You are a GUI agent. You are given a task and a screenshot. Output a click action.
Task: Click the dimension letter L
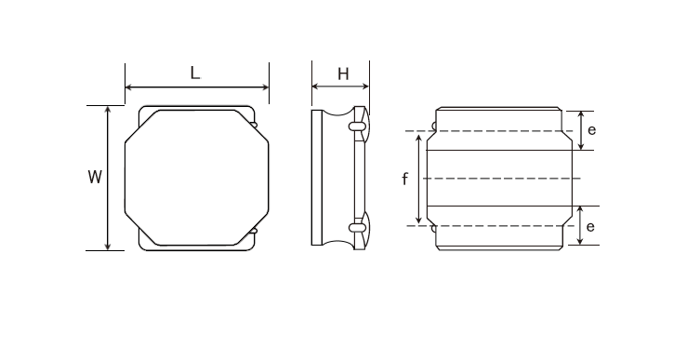pos(195,73)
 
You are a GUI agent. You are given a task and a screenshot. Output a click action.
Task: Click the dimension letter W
pos(95,177)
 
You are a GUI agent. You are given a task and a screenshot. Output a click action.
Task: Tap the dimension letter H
pos(343,74)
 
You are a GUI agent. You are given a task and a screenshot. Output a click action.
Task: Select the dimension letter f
pos(404,179)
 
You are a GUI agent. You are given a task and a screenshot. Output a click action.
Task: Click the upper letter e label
pos(591,130)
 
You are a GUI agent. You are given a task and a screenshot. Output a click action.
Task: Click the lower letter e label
pos(590,227)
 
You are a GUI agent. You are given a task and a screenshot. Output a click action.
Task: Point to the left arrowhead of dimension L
pos(129,87)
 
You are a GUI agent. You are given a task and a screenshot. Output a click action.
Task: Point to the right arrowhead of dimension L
pos(265,87)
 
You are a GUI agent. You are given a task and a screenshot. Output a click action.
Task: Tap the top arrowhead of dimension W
pos(108,110)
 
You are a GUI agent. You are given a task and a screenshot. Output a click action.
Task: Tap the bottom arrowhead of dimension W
pos(108,246)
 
